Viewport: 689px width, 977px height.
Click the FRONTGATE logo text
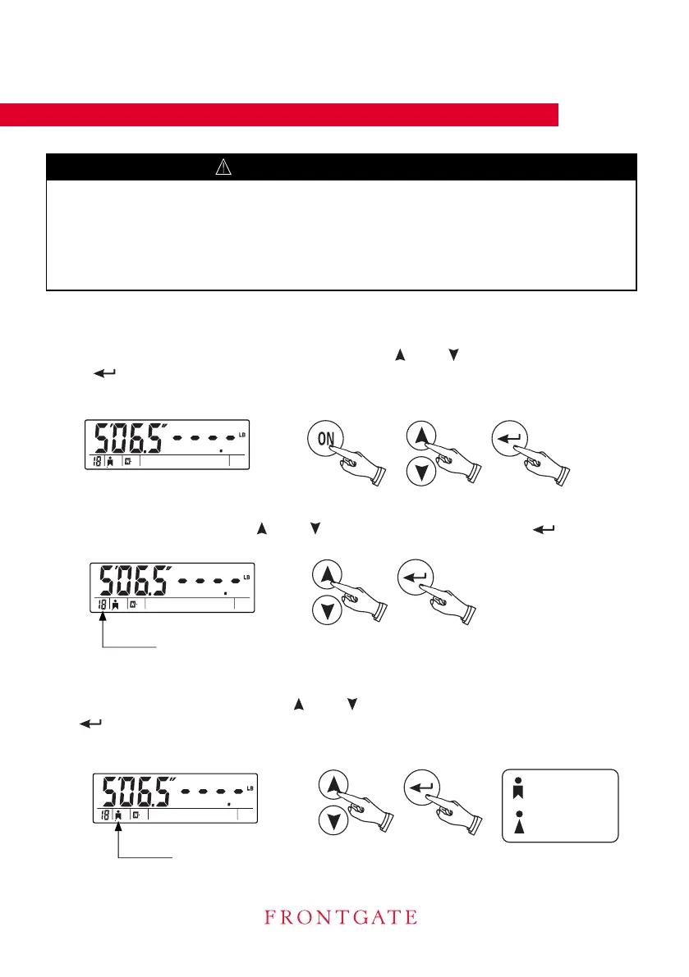point(340,916)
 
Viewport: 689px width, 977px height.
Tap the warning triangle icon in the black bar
point(223,167)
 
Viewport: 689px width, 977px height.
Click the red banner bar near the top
point(279,115)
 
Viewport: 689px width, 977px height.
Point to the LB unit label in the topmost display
point(242,434)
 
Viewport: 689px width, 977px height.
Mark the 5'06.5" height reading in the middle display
point(136,582)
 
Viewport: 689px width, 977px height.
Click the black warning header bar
point(342,167)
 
